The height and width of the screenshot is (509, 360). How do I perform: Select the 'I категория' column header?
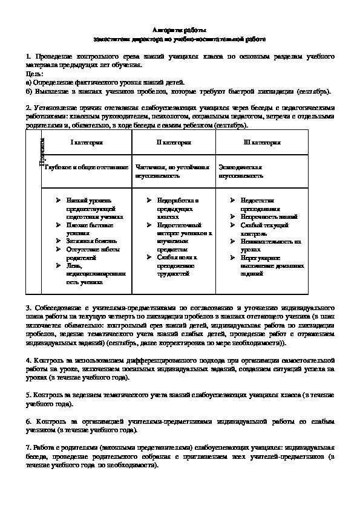pyautogui.click(x=88, y=143)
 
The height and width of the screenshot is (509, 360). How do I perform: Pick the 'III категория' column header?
pyautogui.click(x=262, y=143)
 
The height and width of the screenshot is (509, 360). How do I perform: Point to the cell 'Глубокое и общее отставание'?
pyautogui.click(x=85, y=166)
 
